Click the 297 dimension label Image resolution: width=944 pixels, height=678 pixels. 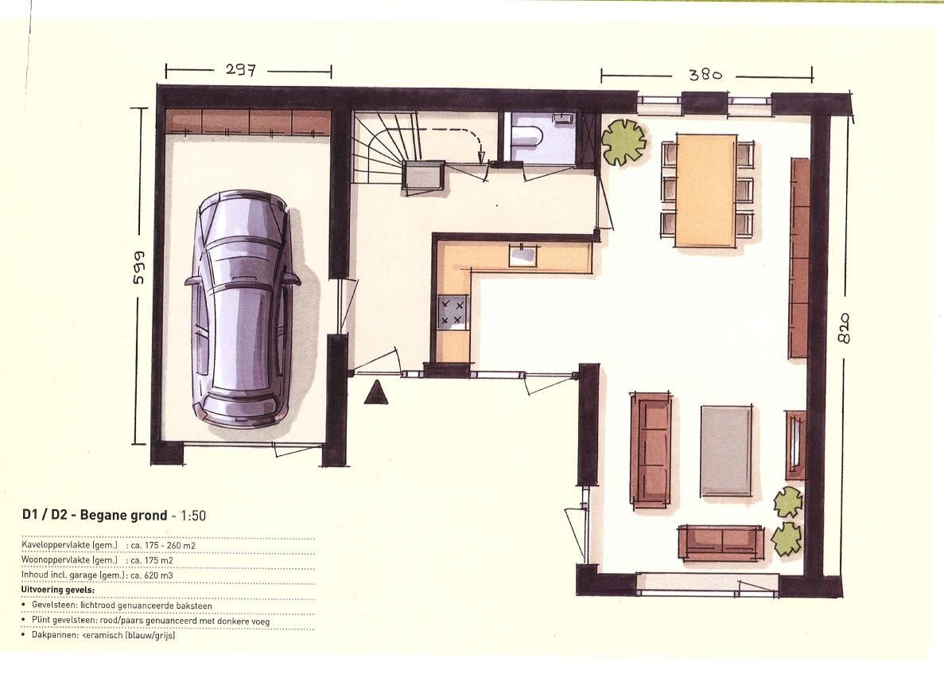(x=241, y=71)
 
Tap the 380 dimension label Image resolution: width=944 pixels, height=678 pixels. (x=705, y=75)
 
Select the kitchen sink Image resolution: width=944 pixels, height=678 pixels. (x=522, y=255)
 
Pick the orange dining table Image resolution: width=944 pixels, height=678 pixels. (x=706, y=190)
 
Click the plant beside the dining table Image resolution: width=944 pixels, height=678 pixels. (x=624, y=142)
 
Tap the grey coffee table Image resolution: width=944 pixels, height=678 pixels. (x=726, y=450)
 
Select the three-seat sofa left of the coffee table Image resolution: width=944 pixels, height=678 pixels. (x=651, y=448)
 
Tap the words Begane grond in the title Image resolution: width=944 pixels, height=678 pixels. (x=123, y=516)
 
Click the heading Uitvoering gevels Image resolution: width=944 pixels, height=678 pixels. (x=58, y=590)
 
